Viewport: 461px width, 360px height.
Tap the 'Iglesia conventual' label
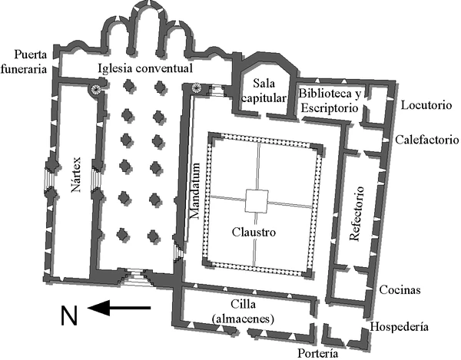click(x=145, y=68)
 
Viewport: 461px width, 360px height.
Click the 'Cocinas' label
click(x=400, y=290)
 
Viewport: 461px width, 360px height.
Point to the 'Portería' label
click(x=316, y=353)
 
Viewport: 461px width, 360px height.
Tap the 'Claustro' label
click(x=254, y=231)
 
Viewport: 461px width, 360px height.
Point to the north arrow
click(x=119, y=309)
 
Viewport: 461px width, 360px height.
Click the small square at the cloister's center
click(x=257, y=201)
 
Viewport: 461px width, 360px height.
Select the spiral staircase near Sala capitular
click(x=197, y=89)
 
